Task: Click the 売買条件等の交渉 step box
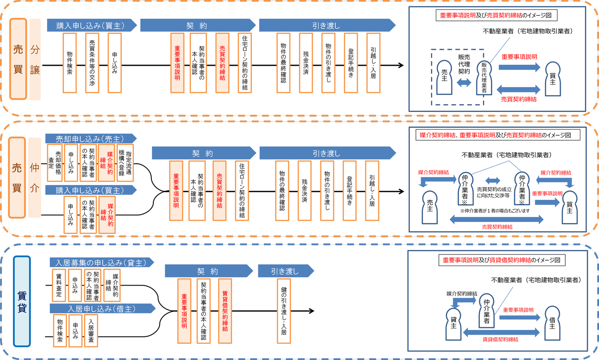(92, 63)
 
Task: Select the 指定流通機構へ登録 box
(125, 163)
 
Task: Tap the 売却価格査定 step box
(54, 163)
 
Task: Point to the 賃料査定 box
(59, 285)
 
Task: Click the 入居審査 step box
(91, 330)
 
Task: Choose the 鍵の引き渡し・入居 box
(284, 311)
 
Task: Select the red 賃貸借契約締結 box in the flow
(225, 311)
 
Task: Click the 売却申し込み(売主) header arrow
(91, 139)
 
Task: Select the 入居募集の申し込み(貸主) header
(101, 263)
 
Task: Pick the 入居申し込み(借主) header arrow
(102, 309)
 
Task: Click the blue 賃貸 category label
(22, 301)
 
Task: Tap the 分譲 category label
(35, 59)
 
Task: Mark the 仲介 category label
(35, 178)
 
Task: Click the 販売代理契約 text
(464, 64)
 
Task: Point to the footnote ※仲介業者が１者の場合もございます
(495, 211)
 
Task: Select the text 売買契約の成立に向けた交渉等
(494, 192)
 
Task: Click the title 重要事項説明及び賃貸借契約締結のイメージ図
(501, 260)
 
